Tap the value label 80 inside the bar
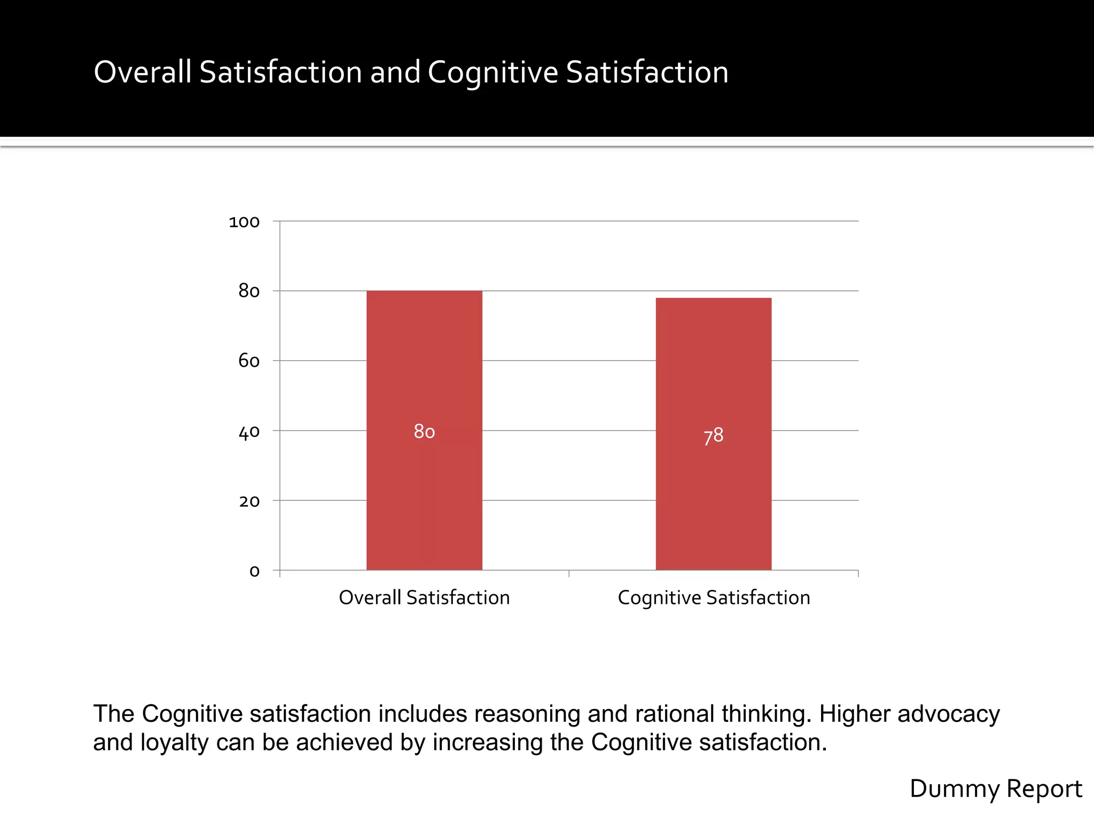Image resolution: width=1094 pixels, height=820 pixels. [x=424, y=431]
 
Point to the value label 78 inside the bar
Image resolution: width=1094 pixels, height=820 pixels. [x=713, y=436]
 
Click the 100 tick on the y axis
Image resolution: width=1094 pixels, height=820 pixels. [x=244, y=222]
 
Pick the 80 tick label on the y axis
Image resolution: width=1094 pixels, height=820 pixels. [x=249, y=291]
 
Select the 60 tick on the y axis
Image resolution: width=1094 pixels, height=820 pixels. [x=249, y=361]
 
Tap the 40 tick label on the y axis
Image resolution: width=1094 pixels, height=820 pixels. [x=249, y=431]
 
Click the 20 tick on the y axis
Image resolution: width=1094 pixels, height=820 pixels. [x=249, y=501]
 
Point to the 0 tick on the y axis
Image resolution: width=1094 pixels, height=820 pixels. [x=254, y=571]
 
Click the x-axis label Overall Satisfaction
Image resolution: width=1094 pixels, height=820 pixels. [x=424, y=597]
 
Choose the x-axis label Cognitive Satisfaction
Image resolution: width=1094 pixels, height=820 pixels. [x=714, y=597]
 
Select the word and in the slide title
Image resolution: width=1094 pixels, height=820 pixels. [x=395, y=72]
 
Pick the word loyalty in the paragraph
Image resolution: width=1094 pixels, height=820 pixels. [x=174, y=742]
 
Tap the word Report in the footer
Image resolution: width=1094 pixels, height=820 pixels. [x=1044, y=789]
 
